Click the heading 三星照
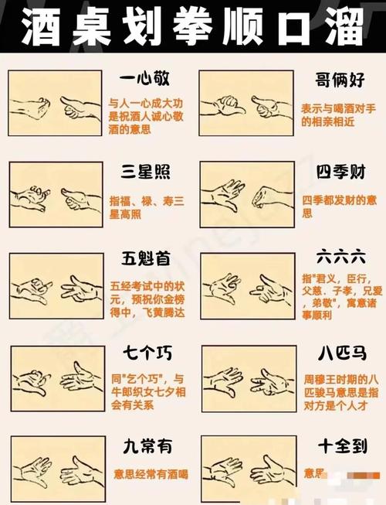[x=145, y=170]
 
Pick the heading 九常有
[x=145, y=446]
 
